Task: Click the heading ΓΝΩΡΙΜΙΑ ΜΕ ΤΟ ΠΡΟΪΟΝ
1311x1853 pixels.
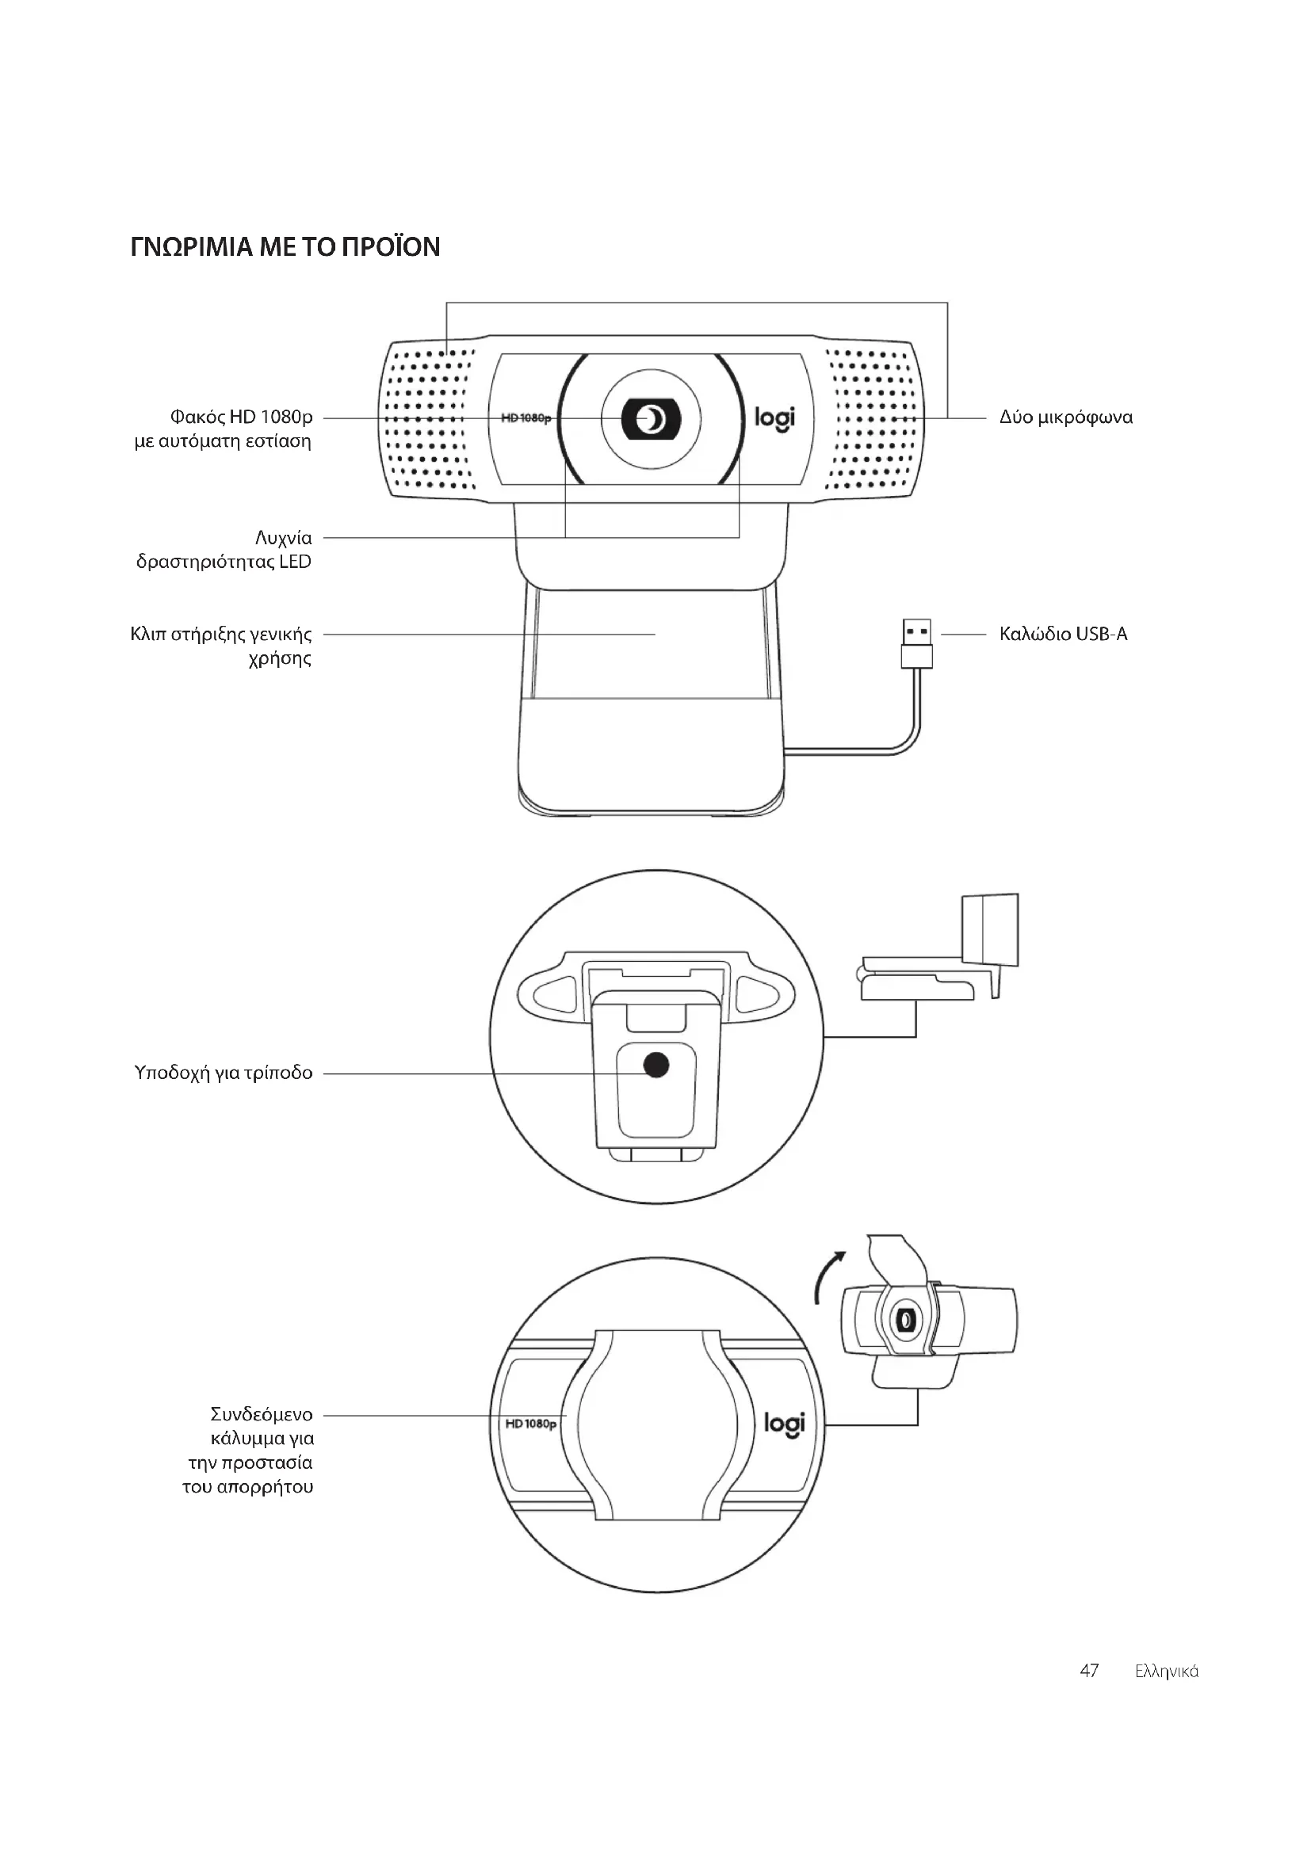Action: point(285,246)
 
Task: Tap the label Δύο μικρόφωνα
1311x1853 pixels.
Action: point(1065,417)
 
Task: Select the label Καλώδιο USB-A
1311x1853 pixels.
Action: point(1063,634)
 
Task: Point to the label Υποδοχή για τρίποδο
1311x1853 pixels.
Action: point(224,1073)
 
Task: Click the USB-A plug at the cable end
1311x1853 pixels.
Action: point(916,643)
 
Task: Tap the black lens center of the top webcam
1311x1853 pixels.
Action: point(651,419)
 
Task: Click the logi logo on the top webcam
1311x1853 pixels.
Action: point(774,418)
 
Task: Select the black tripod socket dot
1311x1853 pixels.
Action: point(657,1066)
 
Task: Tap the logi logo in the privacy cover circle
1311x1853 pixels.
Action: point(784,1424)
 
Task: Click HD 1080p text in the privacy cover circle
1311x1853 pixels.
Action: point(530,1423)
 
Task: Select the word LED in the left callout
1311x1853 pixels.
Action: point(296,562)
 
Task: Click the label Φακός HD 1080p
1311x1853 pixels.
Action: point(241,417)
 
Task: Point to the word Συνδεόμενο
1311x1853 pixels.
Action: point(262,1414)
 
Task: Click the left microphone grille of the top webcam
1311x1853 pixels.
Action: point(430,418)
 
